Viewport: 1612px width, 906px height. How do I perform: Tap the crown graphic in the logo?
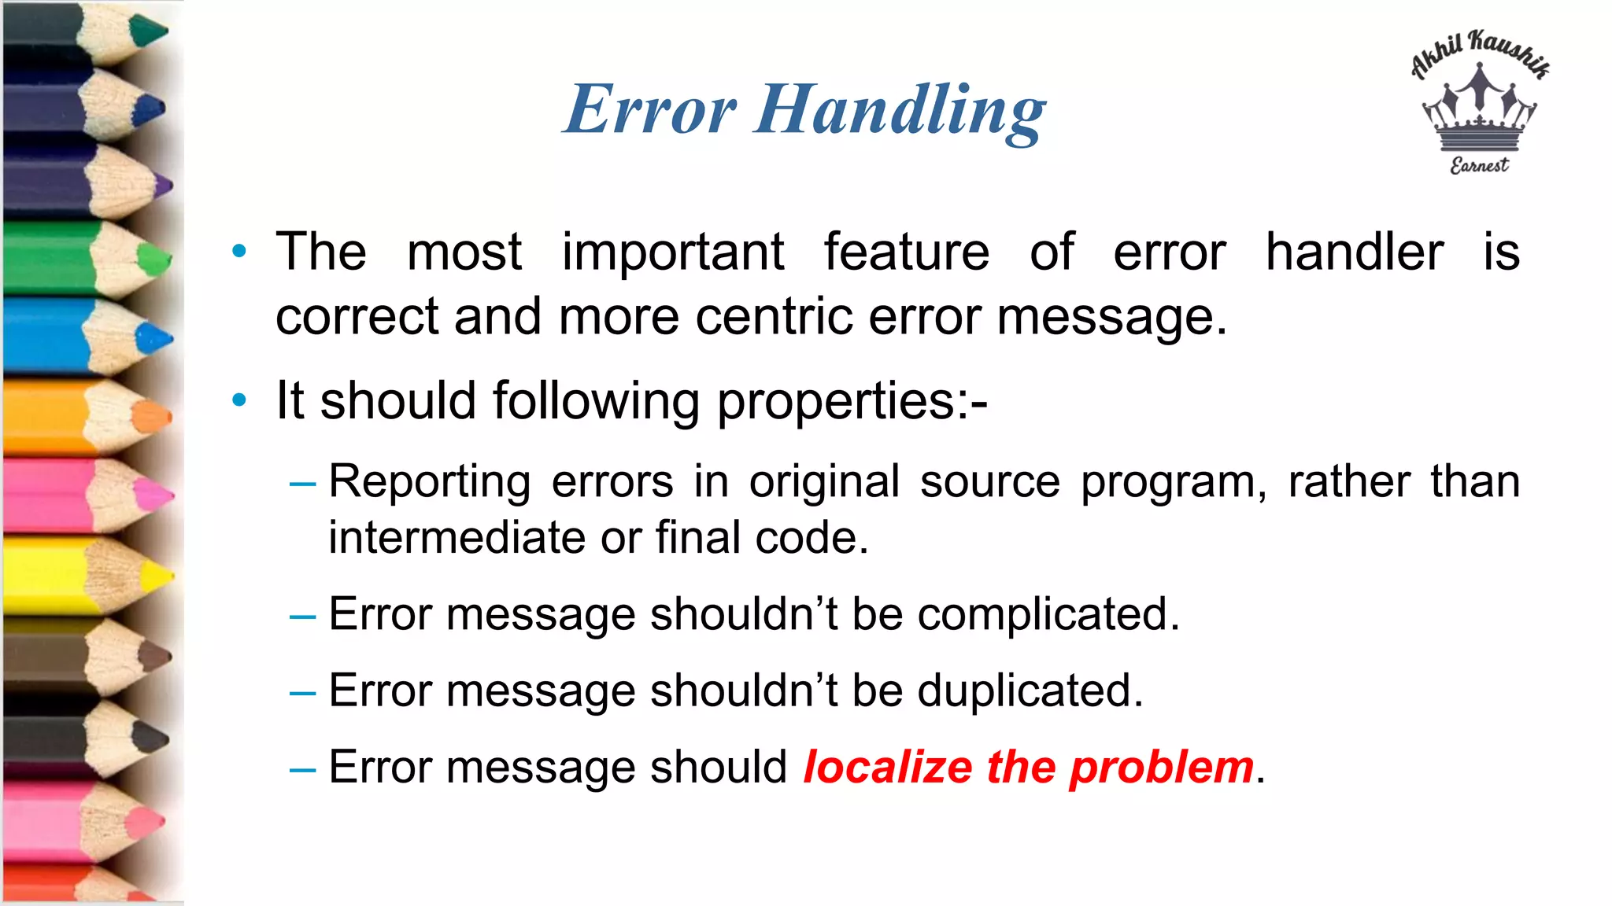click(x=1480, y=110)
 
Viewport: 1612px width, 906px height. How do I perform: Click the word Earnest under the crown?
click(x=1480, y=165)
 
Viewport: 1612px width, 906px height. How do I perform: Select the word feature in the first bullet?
click(x=906, y=252)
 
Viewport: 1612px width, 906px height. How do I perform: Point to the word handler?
click(x=1354, y=252)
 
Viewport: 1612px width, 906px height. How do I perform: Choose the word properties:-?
click(x=852, y=401)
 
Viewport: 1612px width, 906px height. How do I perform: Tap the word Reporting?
click(x=429, y=482)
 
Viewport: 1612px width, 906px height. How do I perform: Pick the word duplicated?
click(x=1030, y=691)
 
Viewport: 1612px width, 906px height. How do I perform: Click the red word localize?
click(x=887, y=767)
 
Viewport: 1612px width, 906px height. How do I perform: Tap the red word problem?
click(x=1161, y=768)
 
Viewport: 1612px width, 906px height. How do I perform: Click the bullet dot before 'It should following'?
click(x=239, y=400)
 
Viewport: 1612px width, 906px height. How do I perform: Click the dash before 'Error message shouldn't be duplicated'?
click(x=302, y=693)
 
